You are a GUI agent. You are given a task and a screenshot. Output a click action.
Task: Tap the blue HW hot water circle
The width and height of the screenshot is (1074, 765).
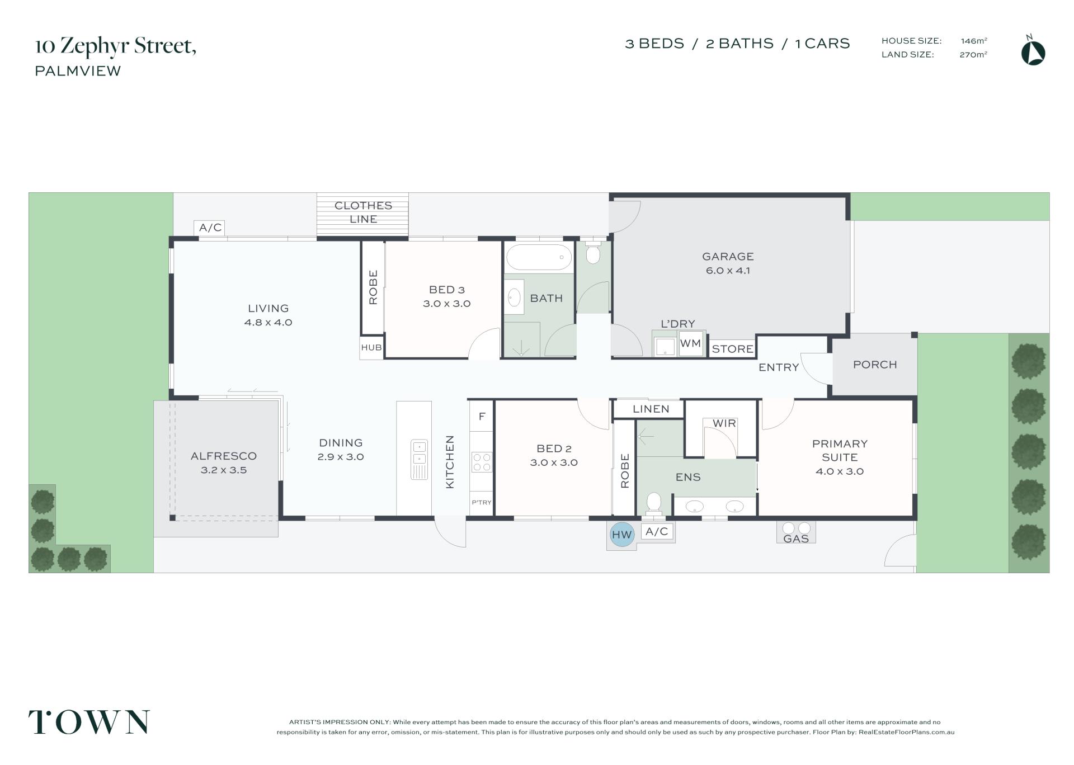[621, 535]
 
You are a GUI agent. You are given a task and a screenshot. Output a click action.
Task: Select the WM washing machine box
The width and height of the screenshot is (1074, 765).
[691, 343]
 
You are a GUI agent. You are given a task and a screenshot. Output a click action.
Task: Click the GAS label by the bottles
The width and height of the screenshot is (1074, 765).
[796, 539]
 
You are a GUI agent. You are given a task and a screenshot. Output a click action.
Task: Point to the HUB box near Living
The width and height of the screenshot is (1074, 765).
[371, 347]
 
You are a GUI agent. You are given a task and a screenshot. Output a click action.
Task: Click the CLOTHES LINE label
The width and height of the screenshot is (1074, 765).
[363, 212]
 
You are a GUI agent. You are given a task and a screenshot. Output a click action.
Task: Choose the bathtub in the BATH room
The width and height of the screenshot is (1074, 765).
[539, 257]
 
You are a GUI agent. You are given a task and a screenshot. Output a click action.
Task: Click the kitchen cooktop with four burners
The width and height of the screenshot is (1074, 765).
[482, 462]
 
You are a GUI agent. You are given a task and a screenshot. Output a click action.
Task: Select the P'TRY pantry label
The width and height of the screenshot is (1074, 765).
[482, 502]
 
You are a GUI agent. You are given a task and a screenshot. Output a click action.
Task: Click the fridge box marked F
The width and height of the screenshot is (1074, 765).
[482, 416]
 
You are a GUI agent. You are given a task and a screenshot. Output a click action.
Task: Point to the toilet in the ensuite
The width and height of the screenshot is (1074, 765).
[653, 504]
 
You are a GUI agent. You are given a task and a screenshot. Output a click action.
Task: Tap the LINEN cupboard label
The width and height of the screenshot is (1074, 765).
[651, 409]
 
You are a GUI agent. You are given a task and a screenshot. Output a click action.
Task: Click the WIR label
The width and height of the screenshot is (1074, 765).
[724, 423]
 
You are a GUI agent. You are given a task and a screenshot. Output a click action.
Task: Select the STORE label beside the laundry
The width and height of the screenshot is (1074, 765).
[732, 349]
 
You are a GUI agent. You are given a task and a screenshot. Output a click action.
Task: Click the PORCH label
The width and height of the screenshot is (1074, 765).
[875, 365]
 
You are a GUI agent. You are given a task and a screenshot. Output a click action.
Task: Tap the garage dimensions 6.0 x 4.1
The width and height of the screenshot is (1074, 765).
[728, 271]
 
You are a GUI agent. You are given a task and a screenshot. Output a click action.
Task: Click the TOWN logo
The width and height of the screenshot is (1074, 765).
[89, 721]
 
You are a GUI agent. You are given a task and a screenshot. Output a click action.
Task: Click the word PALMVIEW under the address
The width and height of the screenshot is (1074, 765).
[78, 71]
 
